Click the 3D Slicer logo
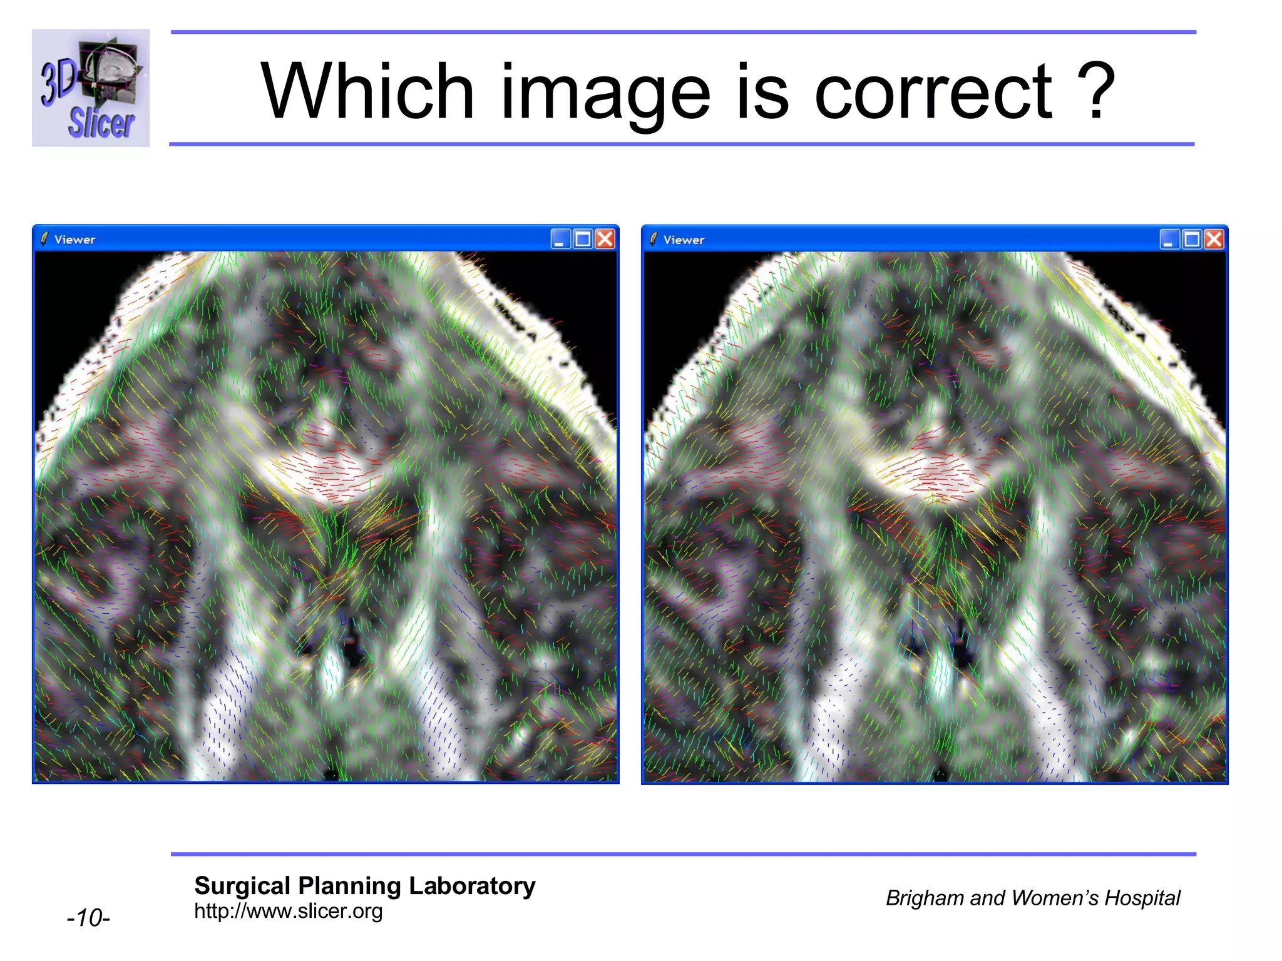pyautogui.click(x=91, y=88)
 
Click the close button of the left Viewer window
pyautogui.click(x=605, y=239)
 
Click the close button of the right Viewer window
pyautogui.click(x=1214, y=240)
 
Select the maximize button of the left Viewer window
pyautogui.click(x=583, y=239)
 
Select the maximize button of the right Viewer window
pyautogui.click(x=1192, y=240)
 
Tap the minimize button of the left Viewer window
pyautogui.click(x=560, y=239)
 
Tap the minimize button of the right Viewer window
pyautogui.click(x=1169, y=240)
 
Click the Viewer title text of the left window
pyautogui.click(x=74, y=240)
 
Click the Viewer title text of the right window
pyautogui.click(x=684, y=240)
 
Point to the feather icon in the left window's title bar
pyautogui.click(x=44, y=239)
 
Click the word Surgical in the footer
pyautogui.click(x=242, y=886)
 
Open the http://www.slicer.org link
pyautogui.click(x=288, y=911)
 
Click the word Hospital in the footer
pyautogui.click(x=1142, y=898)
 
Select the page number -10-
pyautogui.click(x=88, y=918)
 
